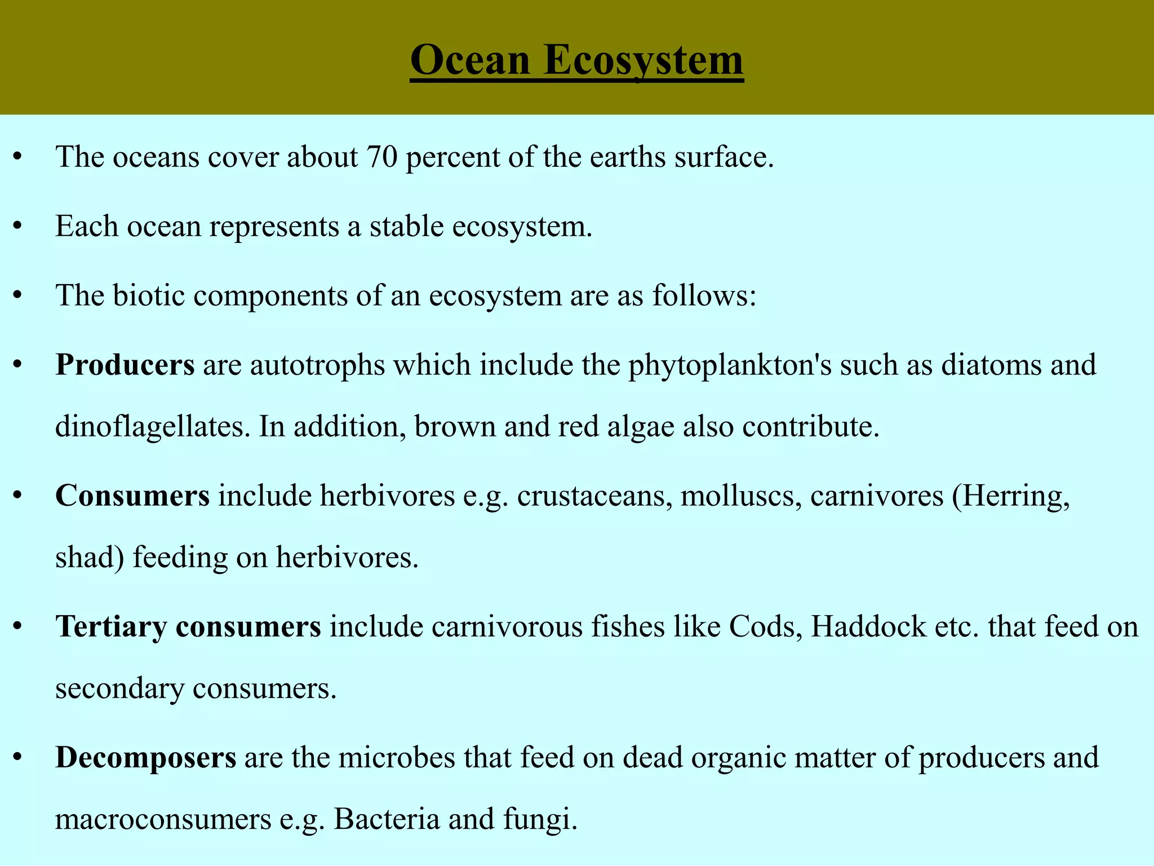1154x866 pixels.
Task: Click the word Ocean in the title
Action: (x=470, y=60)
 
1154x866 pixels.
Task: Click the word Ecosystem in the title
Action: (x=643, y=60)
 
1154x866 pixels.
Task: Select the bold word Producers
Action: (x=125, y=365)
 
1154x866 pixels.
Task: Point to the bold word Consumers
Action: (x=132, y=496)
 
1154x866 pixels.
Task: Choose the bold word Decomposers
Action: (x=145, y=758)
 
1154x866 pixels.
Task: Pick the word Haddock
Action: (x=868, y=627)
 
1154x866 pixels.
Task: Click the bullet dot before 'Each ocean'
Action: (x=17, y=227)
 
